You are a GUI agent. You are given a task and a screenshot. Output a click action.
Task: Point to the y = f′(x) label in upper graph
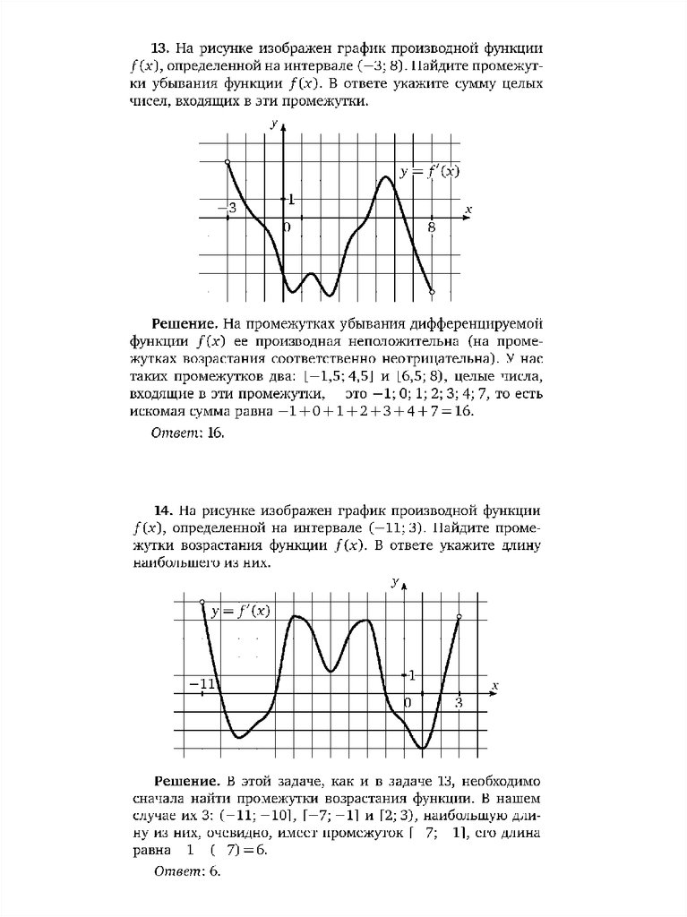pyautogui.click(x=429, y=172)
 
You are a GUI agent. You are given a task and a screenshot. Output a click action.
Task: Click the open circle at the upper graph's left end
pyautogui.click(x=228, y=162)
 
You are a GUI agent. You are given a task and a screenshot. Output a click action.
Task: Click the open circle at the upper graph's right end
pyautogui.click(x=433, y=292)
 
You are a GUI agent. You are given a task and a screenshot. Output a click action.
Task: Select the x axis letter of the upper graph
pyautogui.click(x=468, y=210)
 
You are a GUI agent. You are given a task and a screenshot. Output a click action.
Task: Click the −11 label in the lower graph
pyautogui.click(x=205, y=684)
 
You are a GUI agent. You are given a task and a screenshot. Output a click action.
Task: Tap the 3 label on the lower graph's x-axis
pyautogui.click(x=459, y=703)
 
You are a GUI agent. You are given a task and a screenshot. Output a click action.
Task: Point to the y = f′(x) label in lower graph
pyautogui.click(x=240, y=612)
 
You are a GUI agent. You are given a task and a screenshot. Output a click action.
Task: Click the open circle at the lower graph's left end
pyautogui.click(x=202, y=602)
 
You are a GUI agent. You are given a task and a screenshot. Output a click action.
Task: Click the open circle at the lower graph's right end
pyautogui.click(x=459, y=617)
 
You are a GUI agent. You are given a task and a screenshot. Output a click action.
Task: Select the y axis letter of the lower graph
pyautogui.click(x=395, y=582)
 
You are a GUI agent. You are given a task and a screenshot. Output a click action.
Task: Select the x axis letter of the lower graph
pyautogui.click(x=494, y=685)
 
